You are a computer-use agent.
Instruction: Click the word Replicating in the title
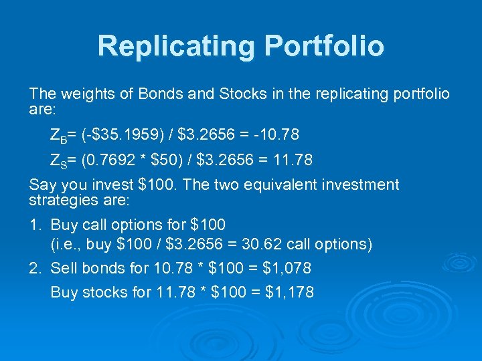click(x=176, y=46)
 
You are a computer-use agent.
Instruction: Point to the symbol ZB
click(x=58, y=136)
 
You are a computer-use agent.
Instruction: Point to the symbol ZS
click(x=58, y=161)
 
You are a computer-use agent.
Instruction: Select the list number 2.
click(x=34, y=269)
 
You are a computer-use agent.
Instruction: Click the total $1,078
click(x=287, y=269)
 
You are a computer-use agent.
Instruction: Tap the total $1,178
click(x=289, y=293)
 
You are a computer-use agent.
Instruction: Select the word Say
click(x=42, y=185)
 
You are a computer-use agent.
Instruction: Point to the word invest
click(x=105, y=185)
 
